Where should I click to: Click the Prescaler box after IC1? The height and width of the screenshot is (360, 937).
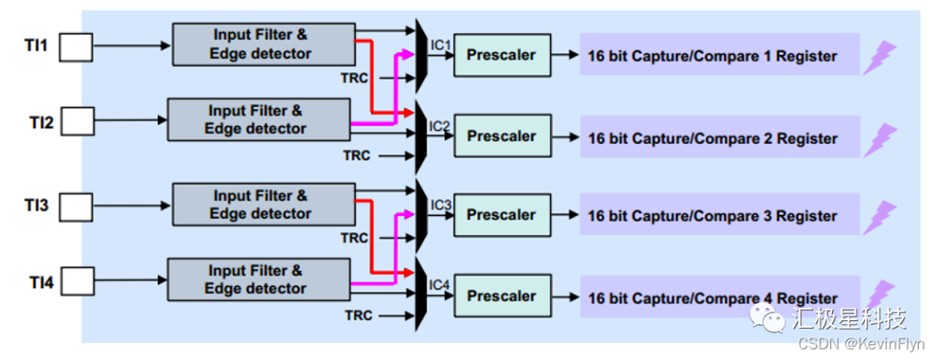coord(501,56)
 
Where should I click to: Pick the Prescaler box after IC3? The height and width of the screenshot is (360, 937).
coord(501,215)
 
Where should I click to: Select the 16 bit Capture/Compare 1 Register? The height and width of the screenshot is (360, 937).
coord(711,56)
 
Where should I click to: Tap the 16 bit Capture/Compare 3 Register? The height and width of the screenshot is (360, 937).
coord(711,216)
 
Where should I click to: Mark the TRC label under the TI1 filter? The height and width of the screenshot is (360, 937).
coord(355,79)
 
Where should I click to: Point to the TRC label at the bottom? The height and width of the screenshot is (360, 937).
coord(355,316)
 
